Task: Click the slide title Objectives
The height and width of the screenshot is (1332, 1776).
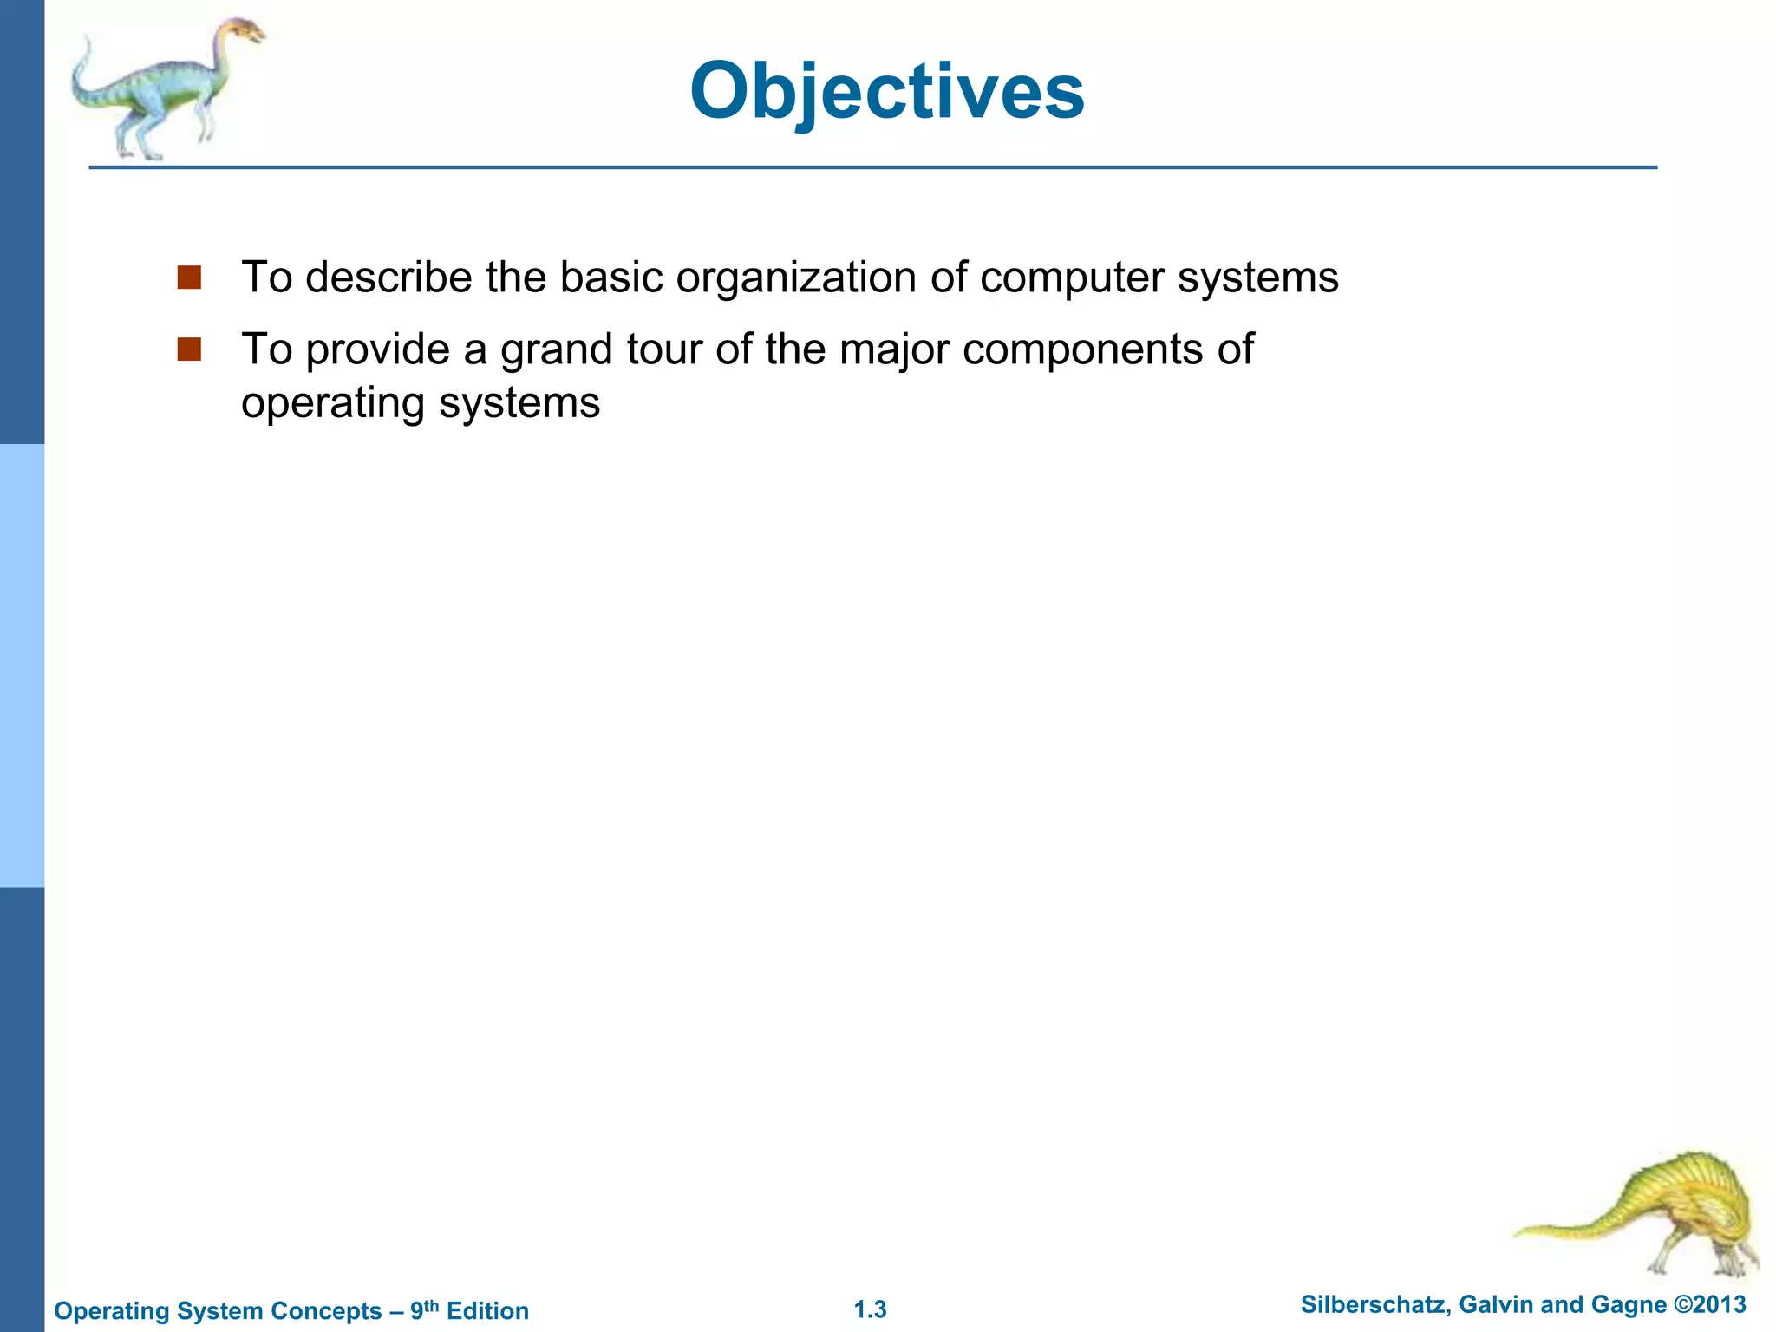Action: [x=886, y=91]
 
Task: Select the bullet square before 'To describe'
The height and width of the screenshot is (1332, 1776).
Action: [x=189, y=277]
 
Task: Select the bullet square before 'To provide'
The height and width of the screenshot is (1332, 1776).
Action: [x=189, y=349]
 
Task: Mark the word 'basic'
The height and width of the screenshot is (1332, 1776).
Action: [x=610, y=277]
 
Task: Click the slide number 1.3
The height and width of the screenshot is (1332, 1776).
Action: [x=870, y=1309]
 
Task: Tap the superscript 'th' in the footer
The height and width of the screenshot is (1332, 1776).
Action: [x=431, y=1304]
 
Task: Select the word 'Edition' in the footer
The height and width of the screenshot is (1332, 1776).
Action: [x=487, y=1310]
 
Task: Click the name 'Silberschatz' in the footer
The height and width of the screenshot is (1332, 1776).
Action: [x=1373, y=1304]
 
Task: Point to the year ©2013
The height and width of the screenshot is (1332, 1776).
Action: [x=1709, y=1304]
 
